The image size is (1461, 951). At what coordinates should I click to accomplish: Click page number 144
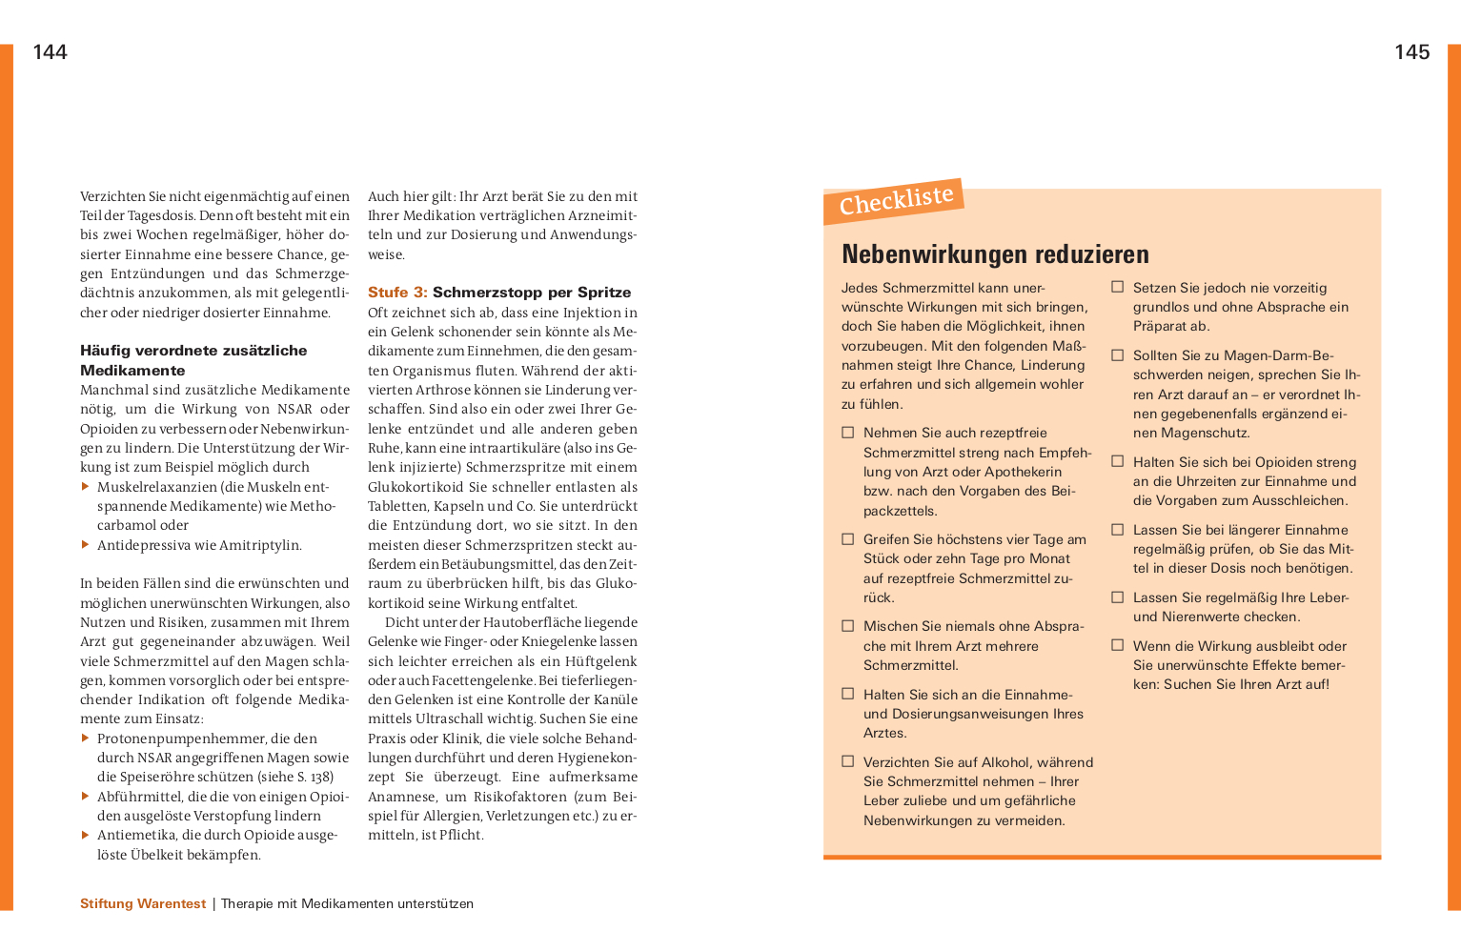pyautogui.click(x=50, y=52)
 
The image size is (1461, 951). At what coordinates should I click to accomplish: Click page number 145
pyautogui.click(x=1411, y=52)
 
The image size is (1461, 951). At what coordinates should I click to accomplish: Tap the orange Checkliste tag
pyautogui.click(x=895, y=201)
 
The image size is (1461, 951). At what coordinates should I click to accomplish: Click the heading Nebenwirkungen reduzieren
pyautogui.click(x=995, y=254)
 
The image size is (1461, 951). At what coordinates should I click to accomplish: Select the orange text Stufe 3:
pyautogui.click(x=397, y=293)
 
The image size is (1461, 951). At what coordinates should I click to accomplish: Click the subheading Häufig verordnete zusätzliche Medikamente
pyautogui.click(x=193, y=360)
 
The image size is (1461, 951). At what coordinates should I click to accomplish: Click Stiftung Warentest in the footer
pyautogui.click(x=143, y=903)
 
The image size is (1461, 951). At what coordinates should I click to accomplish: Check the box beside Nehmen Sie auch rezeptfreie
pyautogui.click(x=847, y=433)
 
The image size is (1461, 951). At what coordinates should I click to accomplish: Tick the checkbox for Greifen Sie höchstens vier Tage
pyautogui.click(x=847, y=539)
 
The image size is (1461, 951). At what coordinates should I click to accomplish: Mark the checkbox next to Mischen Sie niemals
pyautogui.click(x=847, y=626)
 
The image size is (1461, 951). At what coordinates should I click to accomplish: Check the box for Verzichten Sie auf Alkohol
pyautogui.click(x=847, y=761)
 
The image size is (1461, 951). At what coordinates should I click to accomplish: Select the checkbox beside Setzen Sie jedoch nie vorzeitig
pyautogui.click(x=1118, y=287)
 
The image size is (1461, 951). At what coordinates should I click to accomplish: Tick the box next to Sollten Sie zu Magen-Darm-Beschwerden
pyautogui.click(x=1118, y=355)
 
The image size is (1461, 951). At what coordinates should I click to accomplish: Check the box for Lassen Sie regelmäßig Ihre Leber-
pyautogui.click(x=1118, y=597)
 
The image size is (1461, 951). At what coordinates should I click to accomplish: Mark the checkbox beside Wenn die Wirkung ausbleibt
pyautogui.click(x=1118, y=645)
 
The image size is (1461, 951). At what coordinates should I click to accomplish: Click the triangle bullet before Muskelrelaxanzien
pyautogui.click(x=86, y=487)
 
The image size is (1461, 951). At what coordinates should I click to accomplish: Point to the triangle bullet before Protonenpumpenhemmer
pyautogui.click(x=86, y=739)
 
